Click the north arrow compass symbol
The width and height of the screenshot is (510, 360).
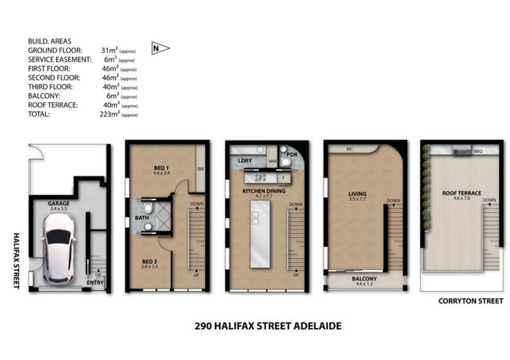(x=160, y=48)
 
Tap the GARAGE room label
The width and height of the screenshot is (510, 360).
(x=59, y=203)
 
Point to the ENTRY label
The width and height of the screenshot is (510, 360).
(x=95, y=282)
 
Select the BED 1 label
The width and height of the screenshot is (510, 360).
(x=161, y=168)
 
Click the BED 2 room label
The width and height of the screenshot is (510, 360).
(x=149, y=261)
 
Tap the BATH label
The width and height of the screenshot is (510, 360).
(x=142, y=218)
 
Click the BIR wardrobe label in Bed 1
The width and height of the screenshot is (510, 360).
(x=201, y=169)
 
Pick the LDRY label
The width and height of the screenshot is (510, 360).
(x=245, y=161)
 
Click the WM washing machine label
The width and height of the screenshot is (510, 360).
(x=272, y=161)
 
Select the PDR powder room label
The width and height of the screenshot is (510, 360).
(x=292, y=155)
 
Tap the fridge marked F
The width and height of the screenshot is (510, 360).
(x=284, y=178)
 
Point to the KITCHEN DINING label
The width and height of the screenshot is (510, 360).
(x=264, y=191)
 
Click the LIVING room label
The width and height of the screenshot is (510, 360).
(x=357, y=194)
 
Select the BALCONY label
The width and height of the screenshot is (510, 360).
(x=364, y=279)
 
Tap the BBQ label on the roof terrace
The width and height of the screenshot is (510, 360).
(x=478, y=151)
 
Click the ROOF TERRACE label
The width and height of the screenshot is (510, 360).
(x=462, y=193)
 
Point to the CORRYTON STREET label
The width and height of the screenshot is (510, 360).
(x=471, y=301)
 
